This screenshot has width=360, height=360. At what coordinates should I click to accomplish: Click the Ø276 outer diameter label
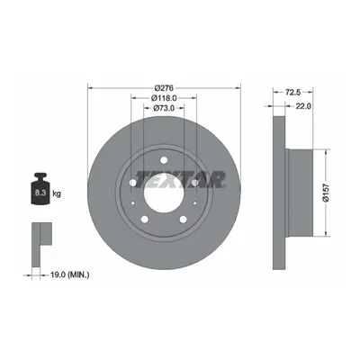[x=164, y=88]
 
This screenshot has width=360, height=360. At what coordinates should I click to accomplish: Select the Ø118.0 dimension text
[x=164, y=98]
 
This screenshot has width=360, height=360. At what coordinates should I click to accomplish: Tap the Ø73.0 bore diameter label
[x=164, y=108]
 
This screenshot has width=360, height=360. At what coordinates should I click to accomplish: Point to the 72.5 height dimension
[x=292, y=93]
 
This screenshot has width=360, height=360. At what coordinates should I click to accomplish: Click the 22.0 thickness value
[x=303, y=106]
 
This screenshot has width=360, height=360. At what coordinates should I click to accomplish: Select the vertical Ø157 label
[x=327, y=193]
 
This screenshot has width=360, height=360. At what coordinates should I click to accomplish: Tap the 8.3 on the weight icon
[x=40, y=193]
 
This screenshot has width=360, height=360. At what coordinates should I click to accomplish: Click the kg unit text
[x=57, y=193]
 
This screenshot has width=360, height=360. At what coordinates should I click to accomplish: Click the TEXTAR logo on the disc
[x=180, y=179]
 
